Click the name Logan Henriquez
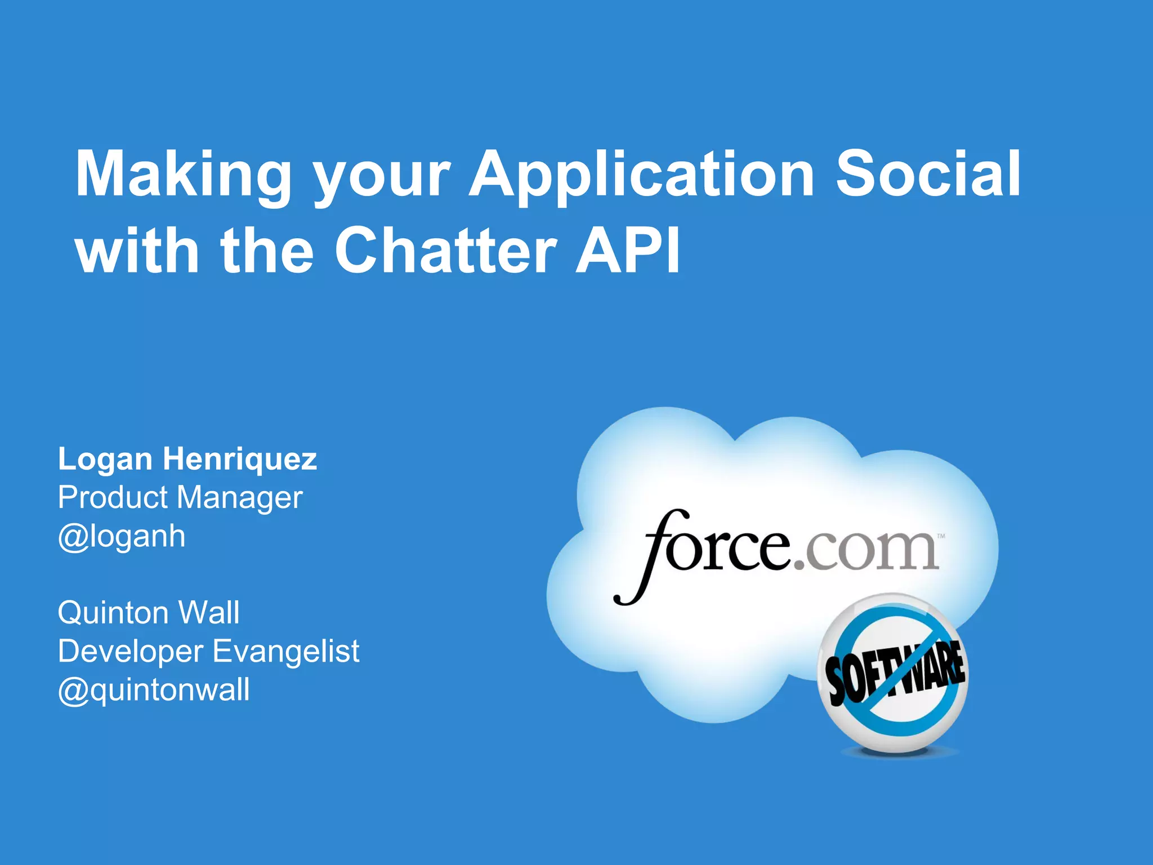187,459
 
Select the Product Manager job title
180,498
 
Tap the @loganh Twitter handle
122,536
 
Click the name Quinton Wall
149,613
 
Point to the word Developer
131,652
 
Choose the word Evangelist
286,651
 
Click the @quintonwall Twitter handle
154,690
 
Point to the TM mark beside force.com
941,536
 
